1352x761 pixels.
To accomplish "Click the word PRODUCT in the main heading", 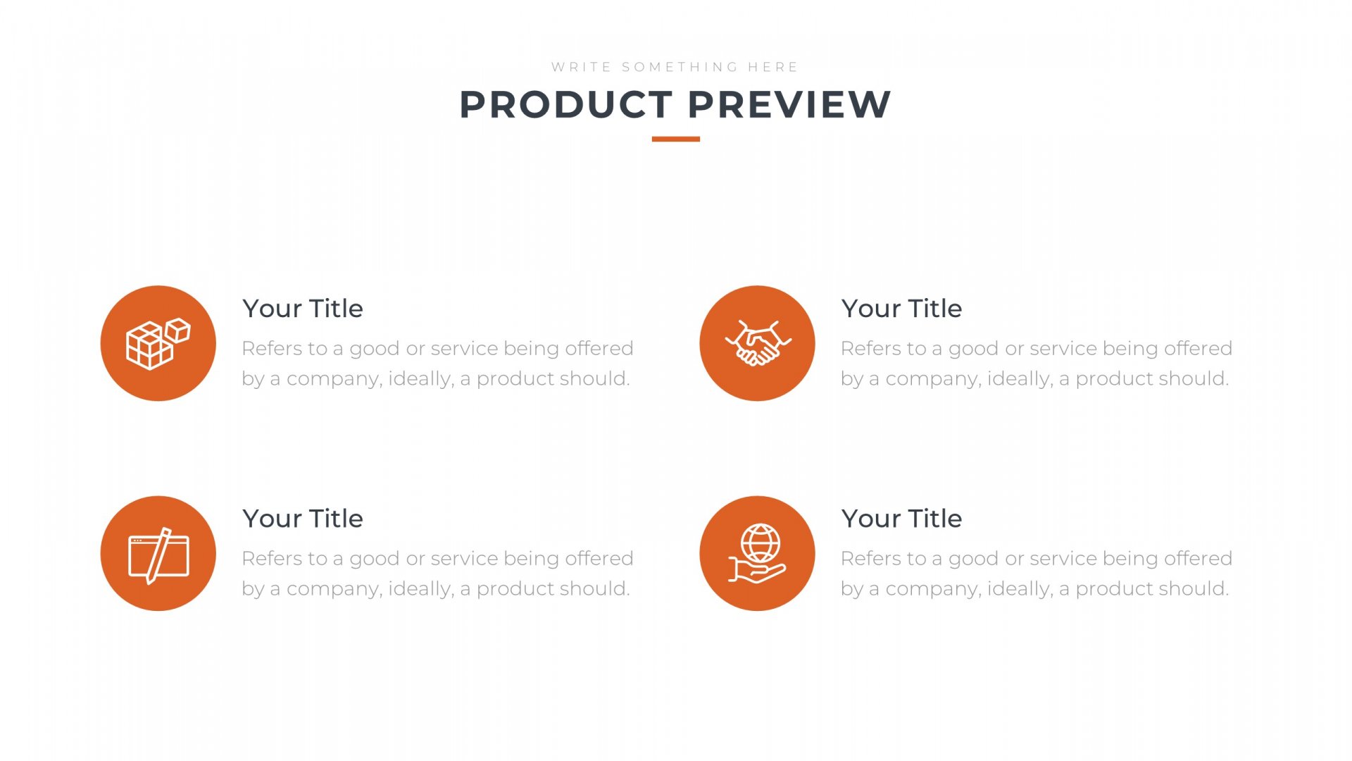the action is point(566,105).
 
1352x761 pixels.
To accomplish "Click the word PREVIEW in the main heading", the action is point(789,105).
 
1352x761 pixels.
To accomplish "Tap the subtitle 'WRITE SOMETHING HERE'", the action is point(675,67).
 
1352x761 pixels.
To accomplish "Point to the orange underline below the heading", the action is point(676,139).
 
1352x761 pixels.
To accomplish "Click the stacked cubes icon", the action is point(158,344).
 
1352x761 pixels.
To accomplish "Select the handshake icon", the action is point(758,344).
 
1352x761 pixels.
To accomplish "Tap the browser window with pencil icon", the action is point(158,555).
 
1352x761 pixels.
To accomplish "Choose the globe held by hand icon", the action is point(758,554).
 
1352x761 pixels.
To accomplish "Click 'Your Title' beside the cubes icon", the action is point(303,309).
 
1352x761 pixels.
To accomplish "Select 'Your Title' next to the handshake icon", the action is point(901,309).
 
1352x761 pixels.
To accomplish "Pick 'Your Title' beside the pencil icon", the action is point(303,519).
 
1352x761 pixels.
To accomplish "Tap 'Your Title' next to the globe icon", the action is point(901,519).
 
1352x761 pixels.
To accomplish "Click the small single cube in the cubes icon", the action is point(177,330).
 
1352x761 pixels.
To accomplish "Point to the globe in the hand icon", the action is point(760,543).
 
